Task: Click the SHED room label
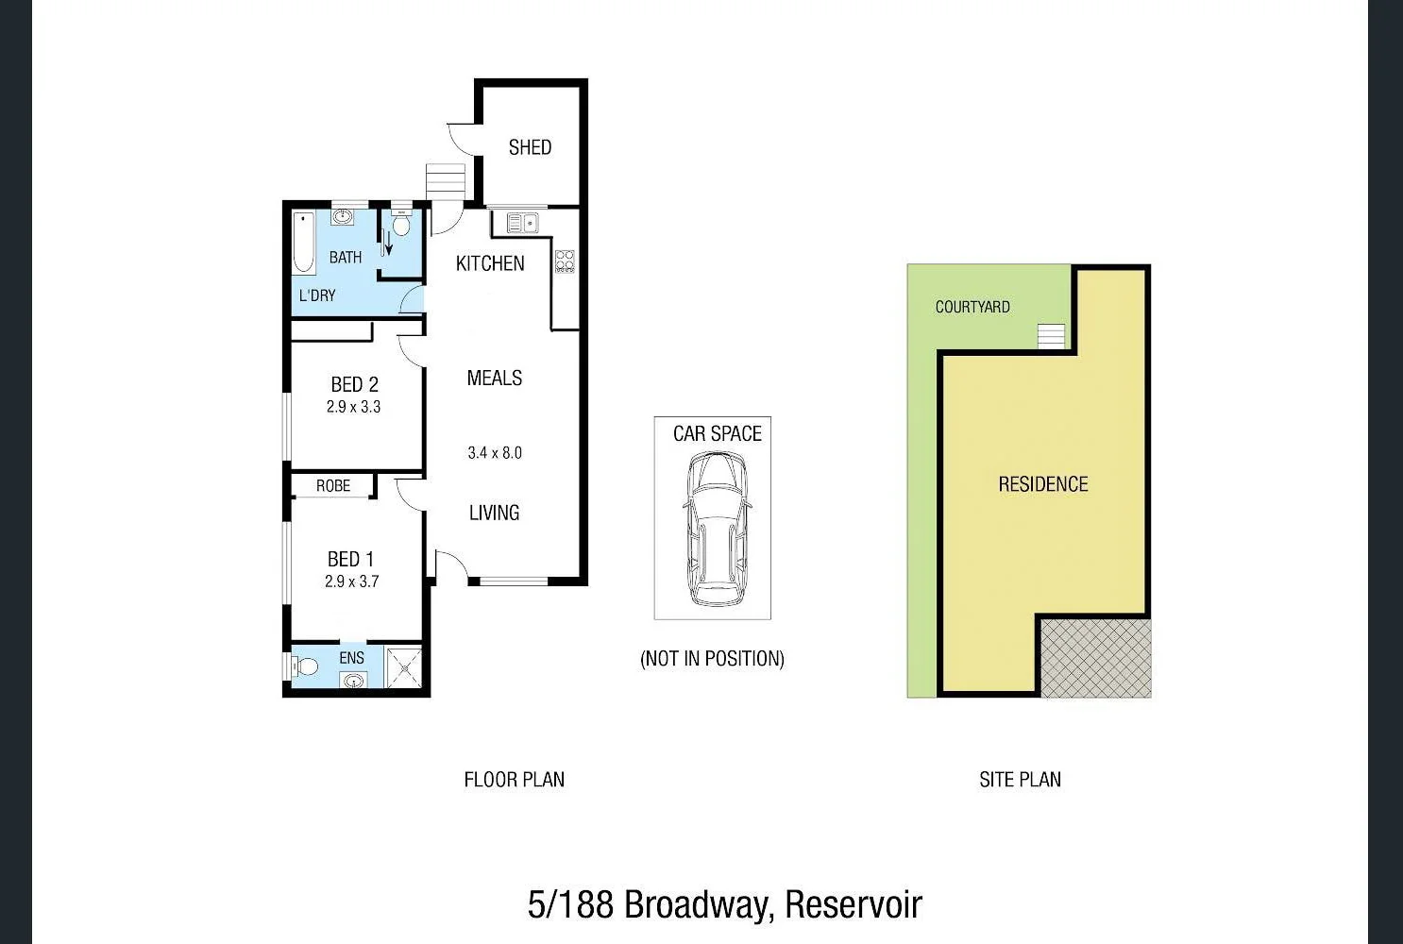pos(530,147)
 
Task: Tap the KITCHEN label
pos(490,263)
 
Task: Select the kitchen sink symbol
pos(522,223)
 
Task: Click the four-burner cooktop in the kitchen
pos(565,261)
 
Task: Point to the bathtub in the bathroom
pos(304,243)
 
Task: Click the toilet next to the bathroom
pos(401,225)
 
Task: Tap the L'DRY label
pos(317,295)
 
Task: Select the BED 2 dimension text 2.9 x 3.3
pos(353,407)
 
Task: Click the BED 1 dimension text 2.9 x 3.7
pos(351,582)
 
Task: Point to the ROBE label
pos(333,485)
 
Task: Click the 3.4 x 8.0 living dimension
pos(495,453)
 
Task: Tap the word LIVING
pos(494,513)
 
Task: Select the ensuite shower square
pos(404,666)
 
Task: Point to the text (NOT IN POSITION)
pos(712,658)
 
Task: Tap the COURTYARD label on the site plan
pos(972,307)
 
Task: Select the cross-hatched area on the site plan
pos(1095,658)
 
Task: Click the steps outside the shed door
pos(446,181)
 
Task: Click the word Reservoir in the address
pos(853,904)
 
